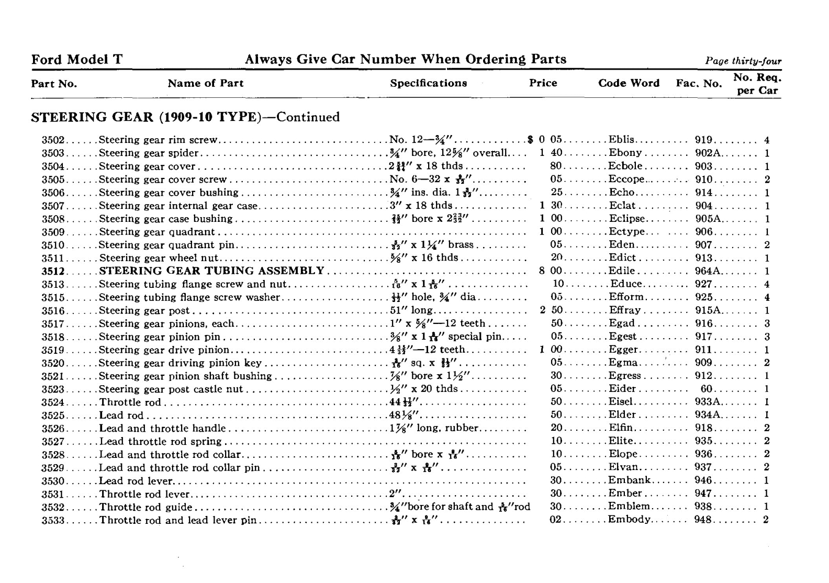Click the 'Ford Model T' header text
coord(77,60)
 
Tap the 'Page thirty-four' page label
coord(743,61)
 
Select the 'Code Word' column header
coord(629,83)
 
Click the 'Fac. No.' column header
coord(699,84)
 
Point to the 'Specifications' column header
coord(428,83)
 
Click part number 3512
coord(53,271)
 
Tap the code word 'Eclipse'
coord(627,219)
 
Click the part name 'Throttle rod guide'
coord(146,507)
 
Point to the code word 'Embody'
coord(629,520)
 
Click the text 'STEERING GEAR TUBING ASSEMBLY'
coord(211,271)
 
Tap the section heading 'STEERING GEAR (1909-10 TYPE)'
coord(145,117)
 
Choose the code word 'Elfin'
coord(621,428)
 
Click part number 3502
coord(53,140)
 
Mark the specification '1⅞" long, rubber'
coord(434,428)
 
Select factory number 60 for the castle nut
coord(706,389)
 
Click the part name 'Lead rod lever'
coord(136,481)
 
